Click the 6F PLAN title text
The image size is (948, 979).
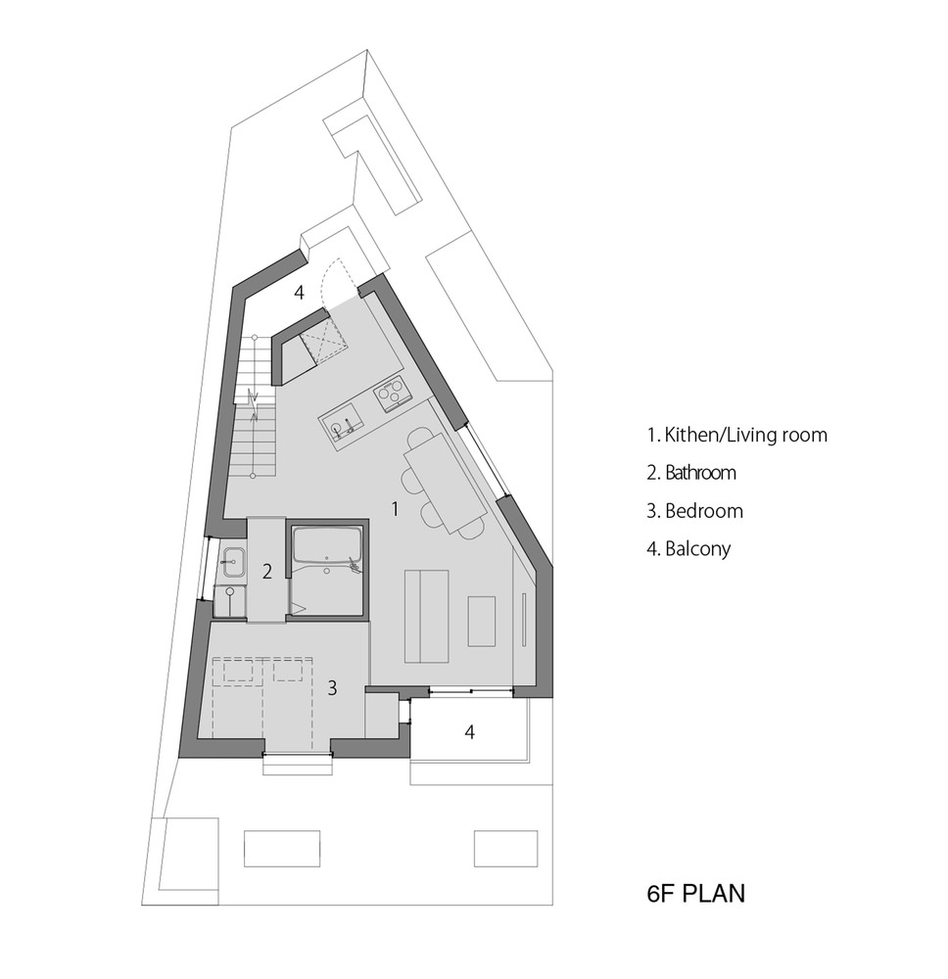(x=695, y=894)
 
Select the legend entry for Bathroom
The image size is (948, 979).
(x=691, y=473)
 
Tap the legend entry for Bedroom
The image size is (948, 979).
(x=695, y=511)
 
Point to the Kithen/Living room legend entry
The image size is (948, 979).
(x=736, y=435)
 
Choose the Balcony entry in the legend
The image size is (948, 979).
(x=688, y=549)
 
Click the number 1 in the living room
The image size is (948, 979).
(x=395, y=509)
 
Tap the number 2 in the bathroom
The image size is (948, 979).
(x=267, y=572)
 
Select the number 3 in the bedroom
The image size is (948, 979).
(x=332, y=688)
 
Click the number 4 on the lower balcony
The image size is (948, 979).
(x=470, y=731)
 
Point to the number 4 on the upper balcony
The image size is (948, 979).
(x=299, y=292)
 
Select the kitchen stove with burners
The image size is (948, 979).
(x=391, y=395)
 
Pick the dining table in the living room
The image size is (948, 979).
(x=446, y=482)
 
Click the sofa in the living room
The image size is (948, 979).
(x=427, y=616)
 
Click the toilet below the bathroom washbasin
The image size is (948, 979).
(x=230, y=600)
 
